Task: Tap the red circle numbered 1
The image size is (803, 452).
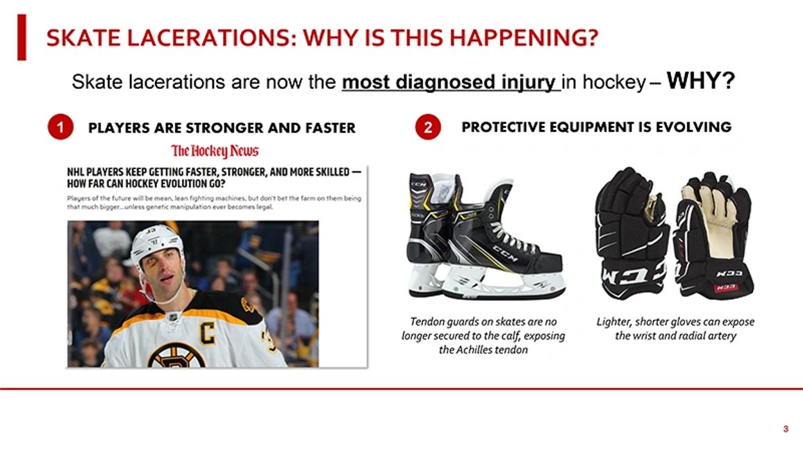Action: point(61,128)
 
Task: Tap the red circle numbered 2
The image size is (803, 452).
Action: point(428,128)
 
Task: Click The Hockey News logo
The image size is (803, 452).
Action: point(215,151)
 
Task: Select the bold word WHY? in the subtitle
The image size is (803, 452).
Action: point(700,81)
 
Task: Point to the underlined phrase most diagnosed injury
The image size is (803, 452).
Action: point(451,83)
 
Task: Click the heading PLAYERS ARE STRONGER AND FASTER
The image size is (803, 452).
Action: point(222,128)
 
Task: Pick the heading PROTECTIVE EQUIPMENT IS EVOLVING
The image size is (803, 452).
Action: point(596,127)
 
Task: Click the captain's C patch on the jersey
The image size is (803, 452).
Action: point(208,332)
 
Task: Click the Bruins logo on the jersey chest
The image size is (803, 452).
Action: point(175,355)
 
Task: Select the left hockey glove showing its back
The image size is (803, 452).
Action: point(632,233)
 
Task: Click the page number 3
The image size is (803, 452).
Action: point(786,429)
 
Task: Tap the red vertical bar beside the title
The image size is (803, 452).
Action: point(22,36)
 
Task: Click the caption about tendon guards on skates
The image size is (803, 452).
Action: point(483,335)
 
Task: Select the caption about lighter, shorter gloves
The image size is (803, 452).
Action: point(675,329)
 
